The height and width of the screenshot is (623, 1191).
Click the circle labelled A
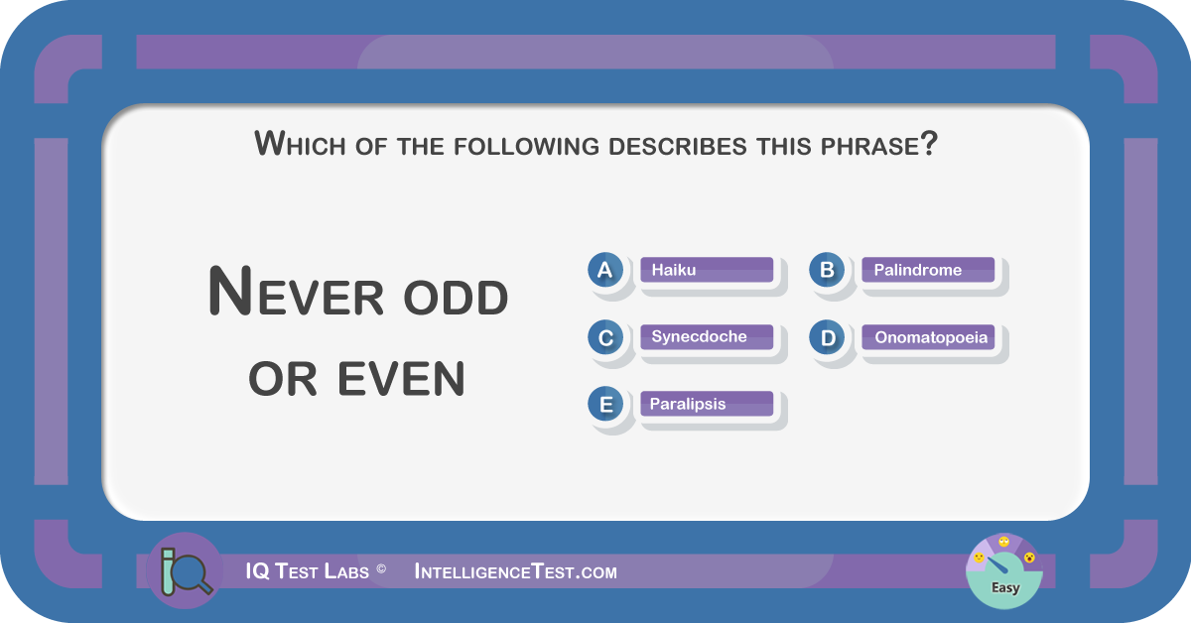click(x=605, y=270)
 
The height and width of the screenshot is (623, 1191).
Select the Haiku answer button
click(x=707, y=270)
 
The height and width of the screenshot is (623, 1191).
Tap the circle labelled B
click(x=827, y=270)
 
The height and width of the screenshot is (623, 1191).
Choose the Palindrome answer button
click(x=928, y=270)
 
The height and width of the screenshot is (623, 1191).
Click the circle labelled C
click(x=605, y=337)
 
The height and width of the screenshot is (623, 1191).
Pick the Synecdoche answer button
click(x=707, y=337)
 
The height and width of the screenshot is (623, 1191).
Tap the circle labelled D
click(x=827, y=337)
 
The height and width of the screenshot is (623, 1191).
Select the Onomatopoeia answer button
click(x=928, y=337)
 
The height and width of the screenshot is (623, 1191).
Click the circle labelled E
click(x=605, y=404)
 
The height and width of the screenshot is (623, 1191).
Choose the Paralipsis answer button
click(x=707, y=404)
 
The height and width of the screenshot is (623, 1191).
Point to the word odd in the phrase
click(x=456, y=297)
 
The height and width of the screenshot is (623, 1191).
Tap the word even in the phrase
click(x=401, y=379)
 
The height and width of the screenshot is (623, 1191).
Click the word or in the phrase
click(x=282, y=379)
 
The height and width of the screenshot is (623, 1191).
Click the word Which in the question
click(x=300, y=145)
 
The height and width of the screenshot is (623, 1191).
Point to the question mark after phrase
click(x=929, y=143)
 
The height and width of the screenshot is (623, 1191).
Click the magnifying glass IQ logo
click(x=185, y=570)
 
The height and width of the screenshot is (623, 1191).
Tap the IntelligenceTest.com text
click(x=516, y=571)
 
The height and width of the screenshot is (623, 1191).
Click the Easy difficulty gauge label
click(x=1005, y=587)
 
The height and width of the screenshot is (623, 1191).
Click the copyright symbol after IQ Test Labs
click(x=381, y=568)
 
